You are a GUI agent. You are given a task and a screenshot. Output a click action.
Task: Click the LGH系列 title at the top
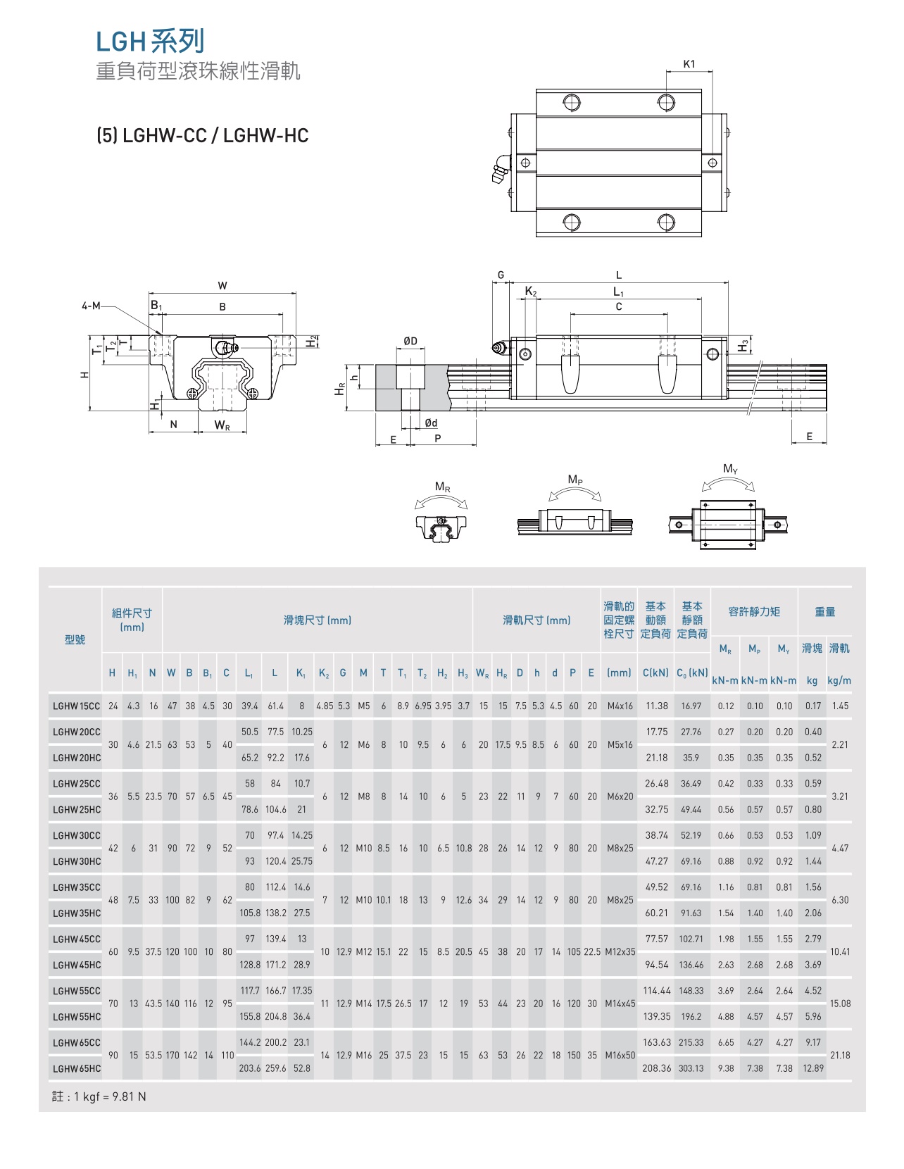(150, 42)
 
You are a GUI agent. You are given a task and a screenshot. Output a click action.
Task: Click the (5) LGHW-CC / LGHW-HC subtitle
(203, 135)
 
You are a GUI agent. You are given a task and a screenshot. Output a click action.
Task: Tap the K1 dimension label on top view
(689, 64)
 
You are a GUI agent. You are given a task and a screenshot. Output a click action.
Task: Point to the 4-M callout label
(91, 306)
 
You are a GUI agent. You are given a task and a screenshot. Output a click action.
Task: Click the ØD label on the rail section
(410, 341)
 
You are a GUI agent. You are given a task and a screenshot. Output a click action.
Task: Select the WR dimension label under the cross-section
(222, 425)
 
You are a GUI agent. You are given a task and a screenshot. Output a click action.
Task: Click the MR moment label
(442, 487)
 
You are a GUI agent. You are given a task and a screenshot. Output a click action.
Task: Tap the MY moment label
(730, 469)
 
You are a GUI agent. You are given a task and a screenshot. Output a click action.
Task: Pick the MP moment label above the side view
(575, 480)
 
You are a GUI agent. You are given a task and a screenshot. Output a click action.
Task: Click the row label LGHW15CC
(76, 706)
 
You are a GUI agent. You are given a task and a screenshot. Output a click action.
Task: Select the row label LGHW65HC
(76, 1068)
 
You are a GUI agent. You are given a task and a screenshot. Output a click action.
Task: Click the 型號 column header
(75, 639)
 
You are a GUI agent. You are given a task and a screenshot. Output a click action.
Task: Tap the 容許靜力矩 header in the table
(754, 612)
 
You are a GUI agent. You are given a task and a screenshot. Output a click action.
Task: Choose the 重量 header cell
(824, 612)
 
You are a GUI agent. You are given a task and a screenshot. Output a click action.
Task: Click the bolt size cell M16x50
(620, 1055)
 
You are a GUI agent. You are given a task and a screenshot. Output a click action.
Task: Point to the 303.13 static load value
(691, 1068)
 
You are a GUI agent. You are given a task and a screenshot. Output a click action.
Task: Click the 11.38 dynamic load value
(656, 706)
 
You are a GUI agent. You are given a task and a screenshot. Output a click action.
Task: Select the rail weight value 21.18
(840, 1055)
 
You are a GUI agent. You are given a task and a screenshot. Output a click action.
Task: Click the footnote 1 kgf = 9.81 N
(99, 1096)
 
